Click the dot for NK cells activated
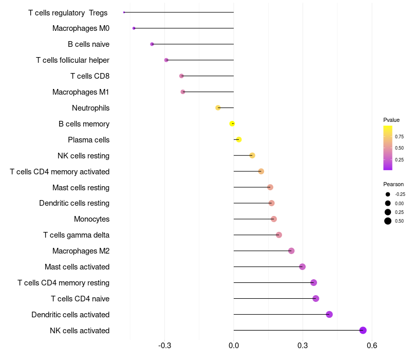click(x=363, y=330)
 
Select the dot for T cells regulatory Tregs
click(x=124, y=12)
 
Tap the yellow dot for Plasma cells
click(x=238, y=139)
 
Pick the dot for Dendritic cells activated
click(x=329, y=314)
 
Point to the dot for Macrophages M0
click(x=134, y=28)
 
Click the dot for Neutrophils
click(x=218, y=107)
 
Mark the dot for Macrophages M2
click(x=291, y=251)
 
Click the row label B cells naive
click(x=88, y=44)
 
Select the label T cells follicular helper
click(x=72, y=60)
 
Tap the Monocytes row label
click(x=91, y=219)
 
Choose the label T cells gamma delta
click(x=76, y=235)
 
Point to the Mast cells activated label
click(x=77, y=267)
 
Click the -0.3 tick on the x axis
click(x=165, y=345)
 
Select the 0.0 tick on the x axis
click(x=234, y=345)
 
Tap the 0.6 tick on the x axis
click(x=372, y=345)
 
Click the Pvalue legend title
click(x=391, y=120)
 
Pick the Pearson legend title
click(x=394, y=184)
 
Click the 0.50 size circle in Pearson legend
click(x=388, y=221)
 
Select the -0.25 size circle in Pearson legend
click(x=388, y=194)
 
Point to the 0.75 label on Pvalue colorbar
click(x=399, y=137)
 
